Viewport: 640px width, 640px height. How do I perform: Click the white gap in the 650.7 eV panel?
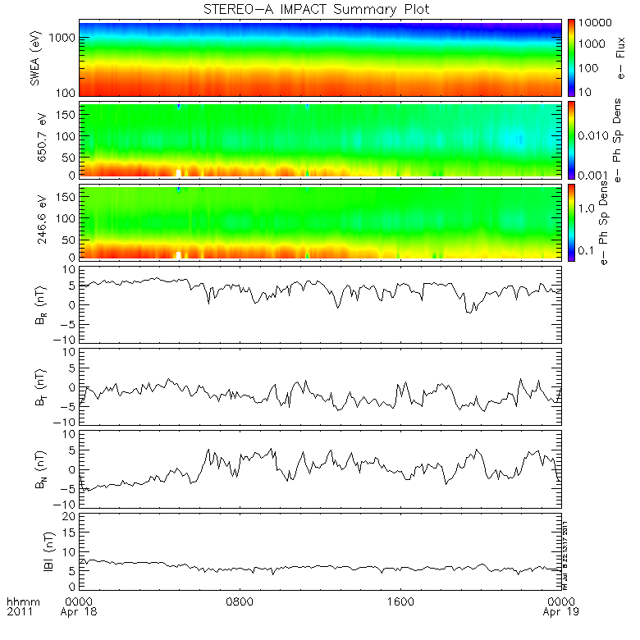179,173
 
